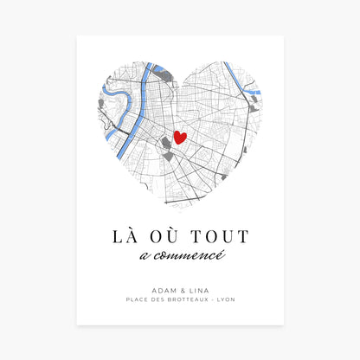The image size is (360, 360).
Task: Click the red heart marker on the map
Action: coord(180,137)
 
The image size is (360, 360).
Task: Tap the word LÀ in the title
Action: coord(125,236)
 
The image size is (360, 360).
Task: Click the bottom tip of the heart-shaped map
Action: coord(180,210)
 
